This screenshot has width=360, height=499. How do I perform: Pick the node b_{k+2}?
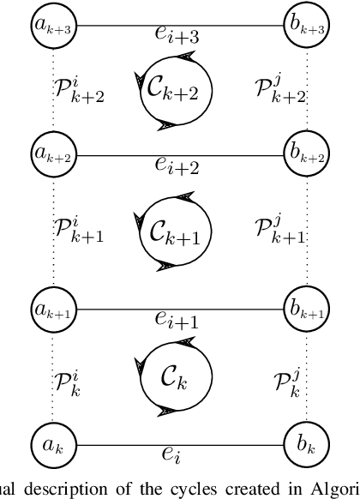coord(306,155)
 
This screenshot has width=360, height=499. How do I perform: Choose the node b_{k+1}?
coord(306,310)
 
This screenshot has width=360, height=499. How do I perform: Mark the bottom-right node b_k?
coord(306,446)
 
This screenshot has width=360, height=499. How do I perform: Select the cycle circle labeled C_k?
coord(177,379)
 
